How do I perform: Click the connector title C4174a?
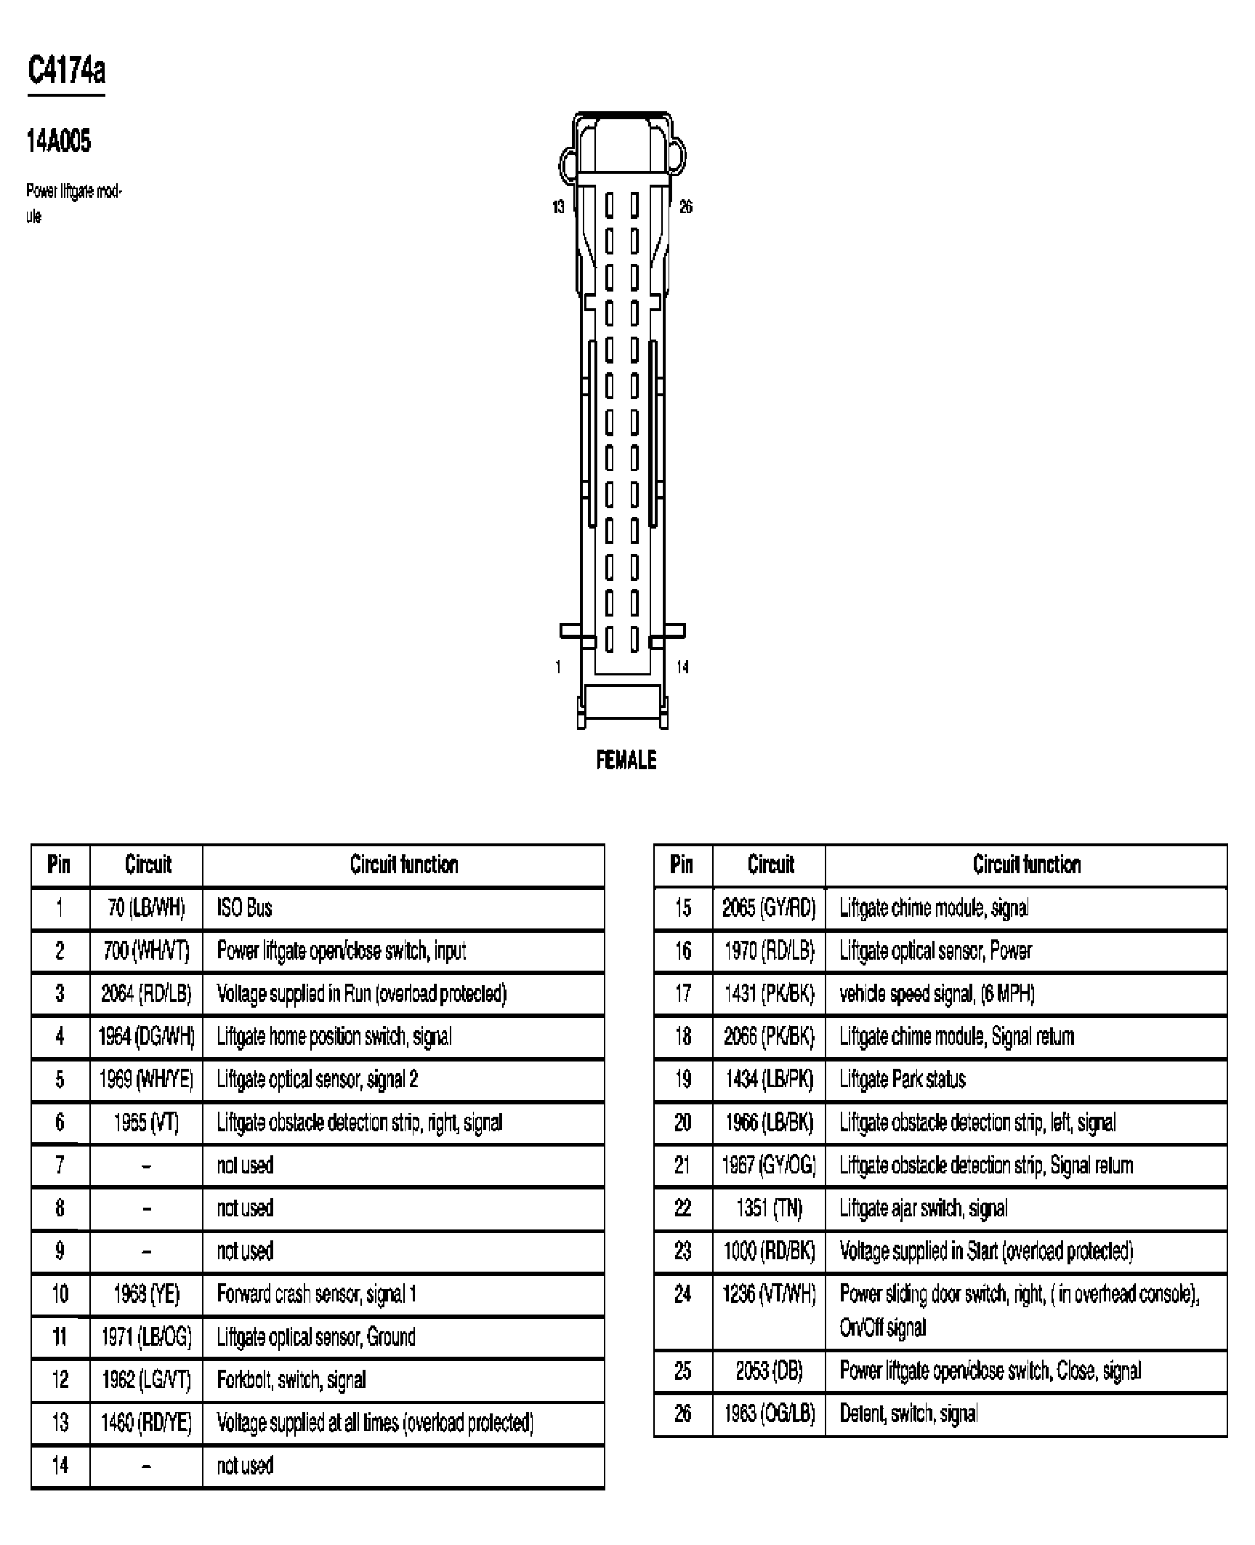(66, 71)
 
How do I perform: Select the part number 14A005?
(59, 140)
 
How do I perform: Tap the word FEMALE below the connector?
(626, 761)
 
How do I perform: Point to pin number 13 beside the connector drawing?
(558, 207)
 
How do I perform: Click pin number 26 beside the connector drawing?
(685, 207)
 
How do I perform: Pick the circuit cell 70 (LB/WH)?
(146, 908)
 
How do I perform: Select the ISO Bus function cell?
(245, 908)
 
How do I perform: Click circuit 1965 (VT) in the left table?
(146, 1123)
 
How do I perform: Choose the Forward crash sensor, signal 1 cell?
(316, 1294)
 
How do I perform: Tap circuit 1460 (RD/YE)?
(146, 1423)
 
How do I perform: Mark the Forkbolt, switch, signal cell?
(291, 1380)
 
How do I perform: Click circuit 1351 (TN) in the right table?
(769, 1208)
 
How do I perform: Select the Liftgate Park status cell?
(903, 1080)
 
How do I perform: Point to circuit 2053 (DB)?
(769, 1371)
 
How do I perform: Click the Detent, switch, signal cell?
(908, 1414)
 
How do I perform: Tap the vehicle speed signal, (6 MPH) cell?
(937, 994)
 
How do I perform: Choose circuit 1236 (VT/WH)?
(769, 1294)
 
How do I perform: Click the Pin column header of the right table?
(682, 864)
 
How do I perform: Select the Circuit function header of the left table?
(404, 864)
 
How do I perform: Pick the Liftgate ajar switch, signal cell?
(924, 1208)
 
